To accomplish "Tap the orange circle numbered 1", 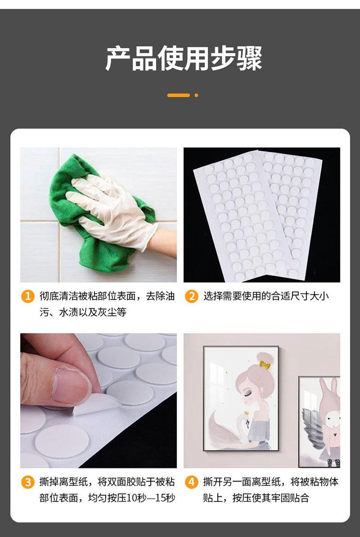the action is (27, 296).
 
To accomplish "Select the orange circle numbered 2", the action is (192, 296).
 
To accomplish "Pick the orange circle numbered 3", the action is (27, 482).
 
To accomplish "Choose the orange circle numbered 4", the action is (192, 482).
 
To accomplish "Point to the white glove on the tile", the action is (113, 209).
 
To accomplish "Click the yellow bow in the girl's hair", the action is (264, 365).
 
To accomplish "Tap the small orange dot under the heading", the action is (196, 95).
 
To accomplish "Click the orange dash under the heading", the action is (179, 95).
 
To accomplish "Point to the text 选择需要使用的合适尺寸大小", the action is (266, 296).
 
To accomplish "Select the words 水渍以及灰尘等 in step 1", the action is (93, 312).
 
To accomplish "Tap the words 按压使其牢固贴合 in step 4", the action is (271, 498).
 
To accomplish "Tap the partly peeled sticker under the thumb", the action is (97, 404).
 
